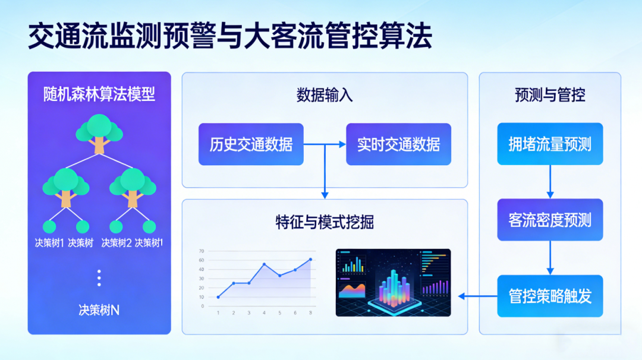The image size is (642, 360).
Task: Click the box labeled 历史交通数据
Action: [x=251, y=144]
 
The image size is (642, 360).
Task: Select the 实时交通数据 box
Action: [x=398, y=144]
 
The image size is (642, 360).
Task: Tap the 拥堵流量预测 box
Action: [x=550, y=144]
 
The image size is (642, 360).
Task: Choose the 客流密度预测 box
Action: [x=550, y=220]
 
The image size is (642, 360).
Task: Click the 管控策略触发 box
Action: [x=550, y=296]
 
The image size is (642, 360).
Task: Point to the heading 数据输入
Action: [x=325, y=95]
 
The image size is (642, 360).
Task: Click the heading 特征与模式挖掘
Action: [x=325, y=222]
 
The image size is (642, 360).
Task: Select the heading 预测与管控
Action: [x=550, y=95]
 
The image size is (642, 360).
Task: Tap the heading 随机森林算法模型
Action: [x=99, y=94]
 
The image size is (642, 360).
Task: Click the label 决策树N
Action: [x=99, y=310]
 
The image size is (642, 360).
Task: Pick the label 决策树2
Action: [x=117, y=242]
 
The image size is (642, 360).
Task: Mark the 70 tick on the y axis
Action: [x=202, y=251]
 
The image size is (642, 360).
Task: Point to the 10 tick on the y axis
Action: [x=202, y=297]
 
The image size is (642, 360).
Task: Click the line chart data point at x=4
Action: [x=265, y=264]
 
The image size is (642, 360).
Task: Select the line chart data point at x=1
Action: [x=218, y=297]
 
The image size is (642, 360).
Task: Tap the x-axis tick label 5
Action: [x=279, y=313]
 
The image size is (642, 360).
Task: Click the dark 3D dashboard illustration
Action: [x=393, y=282]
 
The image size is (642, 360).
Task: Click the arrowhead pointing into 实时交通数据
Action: [x=342, y=144]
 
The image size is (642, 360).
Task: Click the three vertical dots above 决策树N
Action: [x=99, y=277]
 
